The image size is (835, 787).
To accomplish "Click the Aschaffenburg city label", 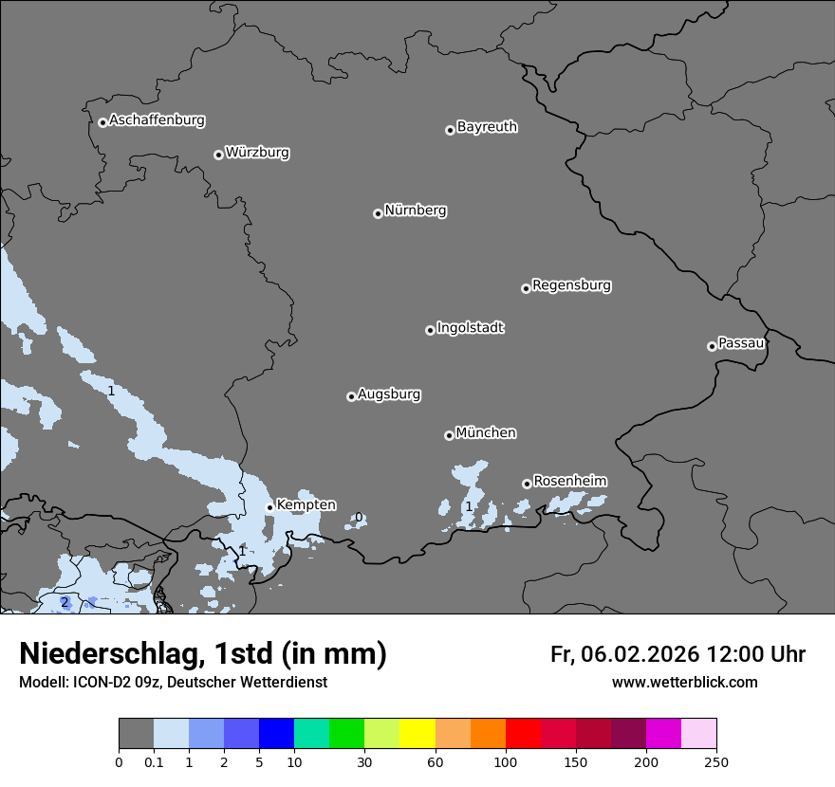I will [157, 120].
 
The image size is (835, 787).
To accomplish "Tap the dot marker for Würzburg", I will [218, 155].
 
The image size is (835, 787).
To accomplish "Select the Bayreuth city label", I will [487, 127].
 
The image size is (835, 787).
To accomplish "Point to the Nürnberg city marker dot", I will [378, 213].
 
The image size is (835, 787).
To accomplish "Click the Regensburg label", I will [571, 285].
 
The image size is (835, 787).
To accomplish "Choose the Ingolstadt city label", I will [470, 328].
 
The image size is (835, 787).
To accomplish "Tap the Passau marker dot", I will [712, 346].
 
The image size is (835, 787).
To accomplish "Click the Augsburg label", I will [389, 394].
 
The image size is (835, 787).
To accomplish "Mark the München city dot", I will [449, 435].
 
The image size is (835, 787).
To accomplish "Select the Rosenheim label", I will [569, 482].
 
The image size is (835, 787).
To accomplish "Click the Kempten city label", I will [306, 505].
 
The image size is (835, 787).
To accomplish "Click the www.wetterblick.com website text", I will [684, 683].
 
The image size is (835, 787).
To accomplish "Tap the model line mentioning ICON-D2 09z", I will [173, 683].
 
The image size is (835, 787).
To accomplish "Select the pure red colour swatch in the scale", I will [523, 734].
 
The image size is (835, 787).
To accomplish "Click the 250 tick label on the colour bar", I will [716, 761].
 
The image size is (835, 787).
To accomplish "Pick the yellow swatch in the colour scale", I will [417, 734].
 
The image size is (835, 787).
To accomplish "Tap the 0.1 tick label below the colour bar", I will [154, 761].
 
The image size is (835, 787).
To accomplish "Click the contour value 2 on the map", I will [65, 602].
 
